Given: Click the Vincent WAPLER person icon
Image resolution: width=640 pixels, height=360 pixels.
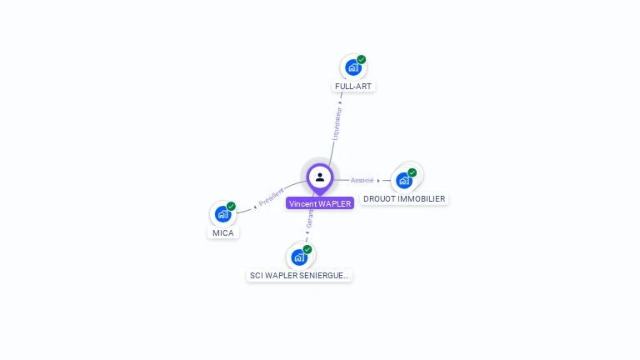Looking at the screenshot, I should [320, 177].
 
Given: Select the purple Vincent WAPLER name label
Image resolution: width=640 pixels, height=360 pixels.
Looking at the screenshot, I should [320, 203].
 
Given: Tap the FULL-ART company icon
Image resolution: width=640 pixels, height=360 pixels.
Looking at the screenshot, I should [352, 67].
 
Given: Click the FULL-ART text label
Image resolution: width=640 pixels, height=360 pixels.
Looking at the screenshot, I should [354, 86].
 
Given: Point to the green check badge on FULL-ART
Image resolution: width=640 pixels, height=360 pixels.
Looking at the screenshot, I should [362, 59].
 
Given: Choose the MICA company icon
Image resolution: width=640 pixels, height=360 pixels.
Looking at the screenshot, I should [222, 214].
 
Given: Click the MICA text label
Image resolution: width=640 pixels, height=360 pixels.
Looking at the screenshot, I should [223, 232].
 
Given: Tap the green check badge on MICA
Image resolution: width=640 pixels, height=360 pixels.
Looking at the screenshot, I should [232, 206].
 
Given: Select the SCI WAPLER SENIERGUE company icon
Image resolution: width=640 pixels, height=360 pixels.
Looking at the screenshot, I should [299, 257].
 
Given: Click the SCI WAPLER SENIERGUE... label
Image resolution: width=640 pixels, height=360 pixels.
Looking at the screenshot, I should [299, 275].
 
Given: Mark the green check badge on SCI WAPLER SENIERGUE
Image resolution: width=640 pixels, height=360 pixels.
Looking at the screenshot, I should [307, 249].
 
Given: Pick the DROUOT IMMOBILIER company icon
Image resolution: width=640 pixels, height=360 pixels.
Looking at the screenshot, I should [404, 180].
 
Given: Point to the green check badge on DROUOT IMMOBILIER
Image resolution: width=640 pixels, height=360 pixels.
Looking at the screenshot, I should [412, 172].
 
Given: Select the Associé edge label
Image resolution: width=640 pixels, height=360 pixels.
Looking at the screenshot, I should [362, 180].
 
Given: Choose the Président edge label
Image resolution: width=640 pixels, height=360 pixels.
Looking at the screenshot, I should [272, 197].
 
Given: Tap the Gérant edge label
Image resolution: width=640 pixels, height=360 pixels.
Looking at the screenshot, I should [310, 219].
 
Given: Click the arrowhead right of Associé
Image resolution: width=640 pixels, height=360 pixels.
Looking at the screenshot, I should [378, 180].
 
